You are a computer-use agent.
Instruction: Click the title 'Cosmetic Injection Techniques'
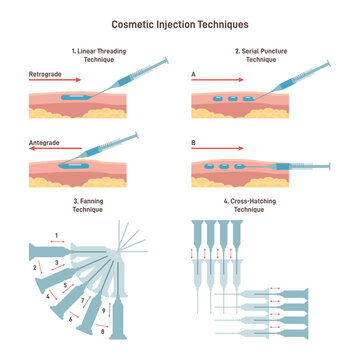pos(180,22)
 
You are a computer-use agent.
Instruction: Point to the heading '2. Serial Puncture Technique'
pos(262,54)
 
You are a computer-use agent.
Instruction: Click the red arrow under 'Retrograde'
pos(60,82)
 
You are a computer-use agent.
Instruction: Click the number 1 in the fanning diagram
pos(57,236)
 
